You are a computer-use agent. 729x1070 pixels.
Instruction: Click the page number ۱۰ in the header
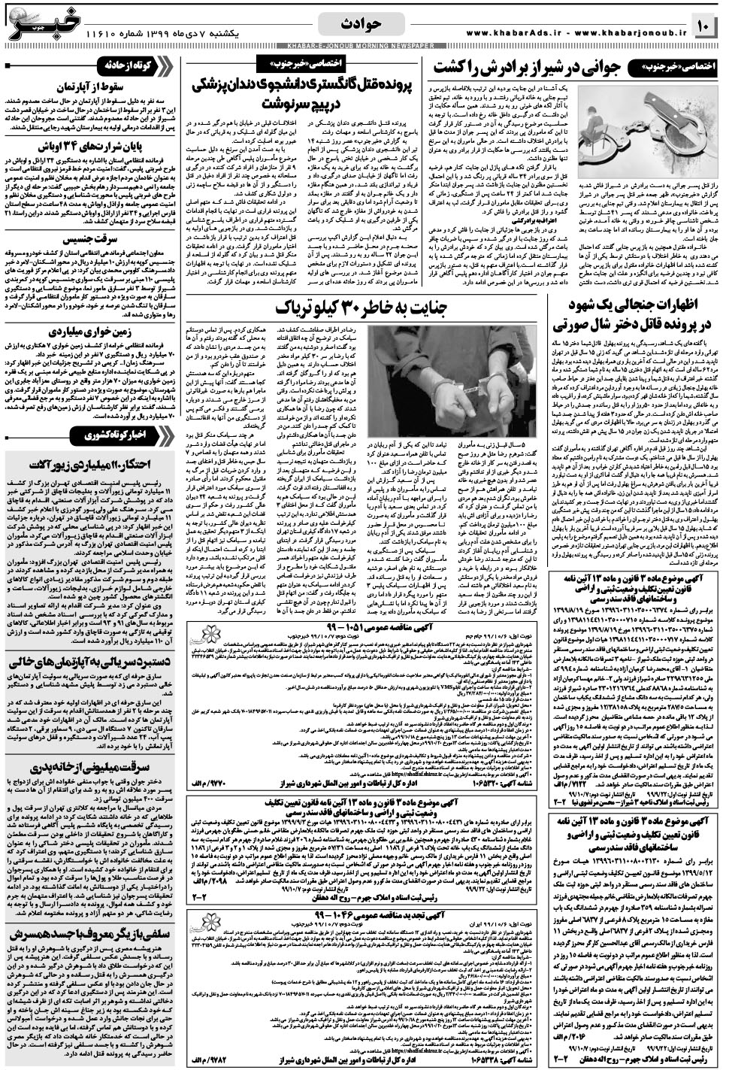click(x=704, y=28)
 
